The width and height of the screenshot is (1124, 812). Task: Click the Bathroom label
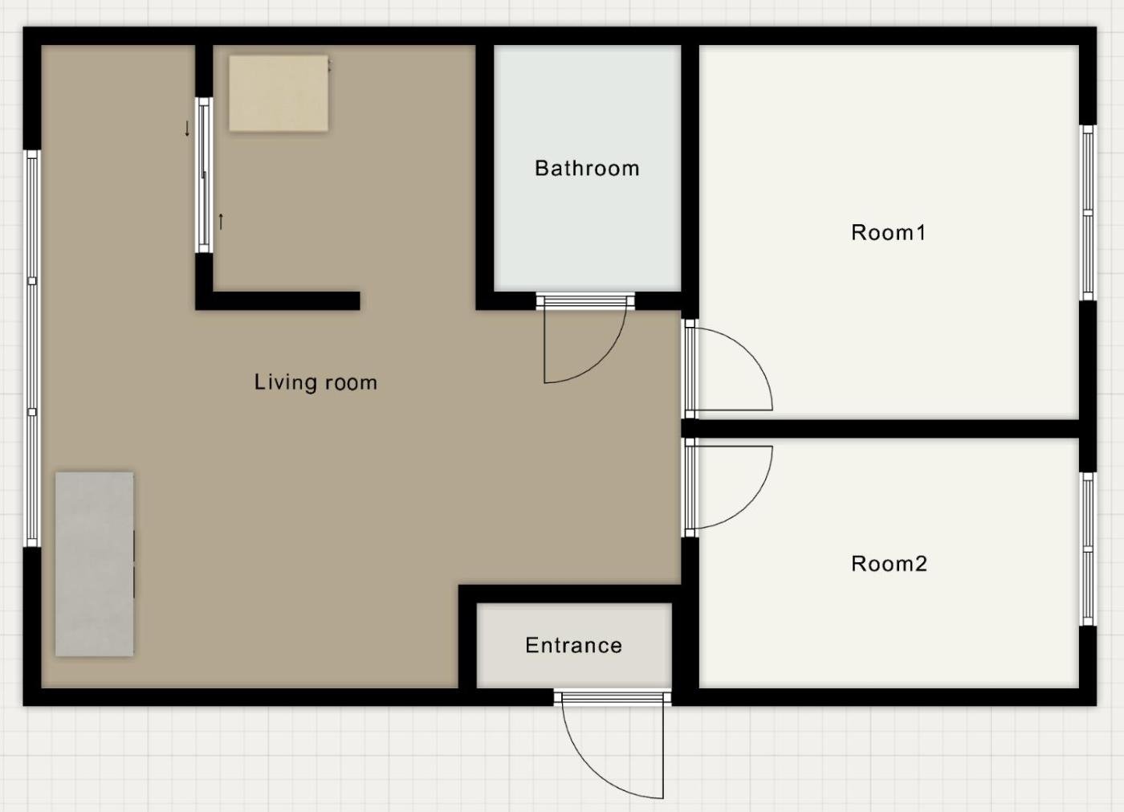(587, 168)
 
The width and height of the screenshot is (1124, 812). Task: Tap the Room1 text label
(888, 232)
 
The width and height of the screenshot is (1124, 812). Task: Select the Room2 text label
(890, 564)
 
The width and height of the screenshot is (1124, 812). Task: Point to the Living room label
(316, 382)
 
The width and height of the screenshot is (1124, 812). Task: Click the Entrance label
(573, 646)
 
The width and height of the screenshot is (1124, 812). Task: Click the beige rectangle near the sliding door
(279, 94)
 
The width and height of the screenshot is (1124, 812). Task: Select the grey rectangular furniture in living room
(95, 564)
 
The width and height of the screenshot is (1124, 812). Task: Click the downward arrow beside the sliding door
(187, 129)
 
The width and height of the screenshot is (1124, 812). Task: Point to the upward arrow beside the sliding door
(221, 222)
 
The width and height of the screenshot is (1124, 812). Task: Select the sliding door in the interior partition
(204, 174)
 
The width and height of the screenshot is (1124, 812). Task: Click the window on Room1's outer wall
(1087, 213)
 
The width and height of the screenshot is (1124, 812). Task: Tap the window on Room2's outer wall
(1087, 549)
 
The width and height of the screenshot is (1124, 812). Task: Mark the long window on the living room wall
(32, 349)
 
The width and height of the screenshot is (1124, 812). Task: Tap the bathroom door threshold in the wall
(585, 301)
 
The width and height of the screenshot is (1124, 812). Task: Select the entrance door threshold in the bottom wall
(613, 697)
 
